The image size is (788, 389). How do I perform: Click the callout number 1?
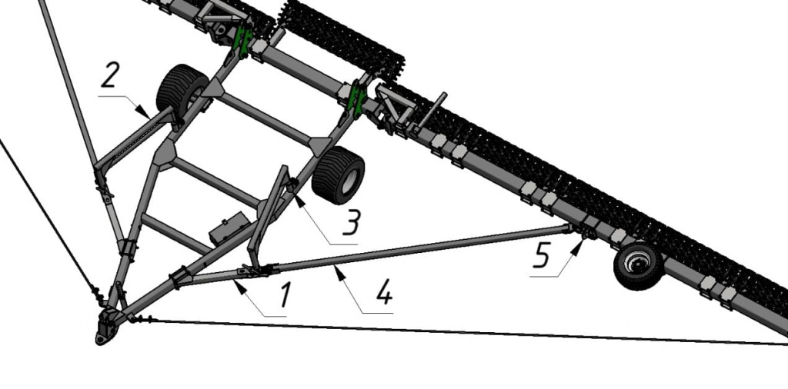point(285,294)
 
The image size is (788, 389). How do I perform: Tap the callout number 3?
point(351,222)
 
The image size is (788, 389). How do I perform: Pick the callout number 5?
point(542,257)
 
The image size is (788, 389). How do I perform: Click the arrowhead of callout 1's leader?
point(239,286)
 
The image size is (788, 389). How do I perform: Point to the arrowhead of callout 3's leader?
point(299,201)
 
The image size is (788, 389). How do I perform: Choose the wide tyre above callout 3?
point(339,175)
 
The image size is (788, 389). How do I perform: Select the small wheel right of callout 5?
point(638,266)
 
